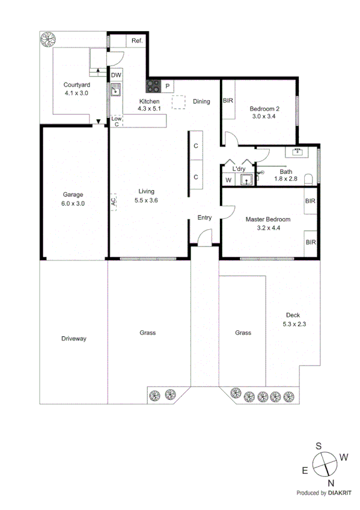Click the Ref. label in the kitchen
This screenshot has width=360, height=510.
(136, 41)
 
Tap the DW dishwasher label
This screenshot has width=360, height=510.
(115, 75)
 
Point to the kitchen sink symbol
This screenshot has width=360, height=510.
(115, 91)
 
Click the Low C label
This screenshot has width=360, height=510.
(116, 121)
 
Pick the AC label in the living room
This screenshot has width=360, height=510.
(113, 202)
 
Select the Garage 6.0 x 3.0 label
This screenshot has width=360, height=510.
(73, 198)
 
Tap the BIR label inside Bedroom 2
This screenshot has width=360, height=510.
(228, 101)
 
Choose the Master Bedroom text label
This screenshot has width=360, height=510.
(267, 220)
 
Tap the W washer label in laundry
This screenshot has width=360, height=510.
(228, 180)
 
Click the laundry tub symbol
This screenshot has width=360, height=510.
(245, 179)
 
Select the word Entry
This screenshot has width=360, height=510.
(204, 218)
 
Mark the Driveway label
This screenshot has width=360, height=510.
(74, 339)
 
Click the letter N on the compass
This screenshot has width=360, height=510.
(330, 482)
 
